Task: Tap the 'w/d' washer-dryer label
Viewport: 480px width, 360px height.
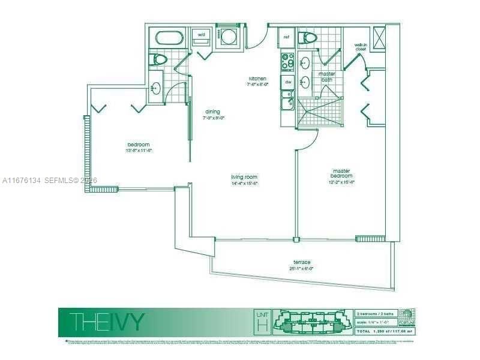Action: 201,35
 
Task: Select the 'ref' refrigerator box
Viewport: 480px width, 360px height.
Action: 286,37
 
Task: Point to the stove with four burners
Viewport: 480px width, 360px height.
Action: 287,61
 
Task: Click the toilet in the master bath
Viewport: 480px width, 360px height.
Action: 309,39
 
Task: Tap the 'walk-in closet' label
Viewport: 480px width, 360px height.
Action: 361,47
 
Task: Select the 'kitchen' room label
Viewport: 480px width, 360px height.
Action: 258,79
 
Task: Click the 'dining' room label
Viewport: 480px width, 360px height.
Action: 212,112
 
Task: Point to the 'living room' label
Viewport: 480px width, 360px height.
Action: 244,177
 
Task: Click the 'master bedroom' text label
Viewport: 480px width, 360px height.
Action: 341,173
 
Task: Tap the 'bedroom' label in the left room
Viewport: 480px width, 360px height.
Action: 138,145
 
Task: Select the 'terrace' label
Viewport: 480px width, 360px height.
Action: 302,262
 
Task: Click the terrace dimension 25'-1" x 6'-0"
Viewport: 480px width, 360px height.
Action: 302,268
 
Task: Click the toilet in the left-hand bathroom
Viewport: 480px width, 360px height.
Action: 159,59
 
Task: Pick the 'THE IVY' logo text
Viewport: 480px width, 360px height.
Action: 106,322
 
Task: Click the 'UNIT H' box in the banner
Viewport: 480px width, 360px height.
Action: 262,322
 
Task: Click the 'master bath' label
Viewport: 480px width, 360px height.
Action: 327,77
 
